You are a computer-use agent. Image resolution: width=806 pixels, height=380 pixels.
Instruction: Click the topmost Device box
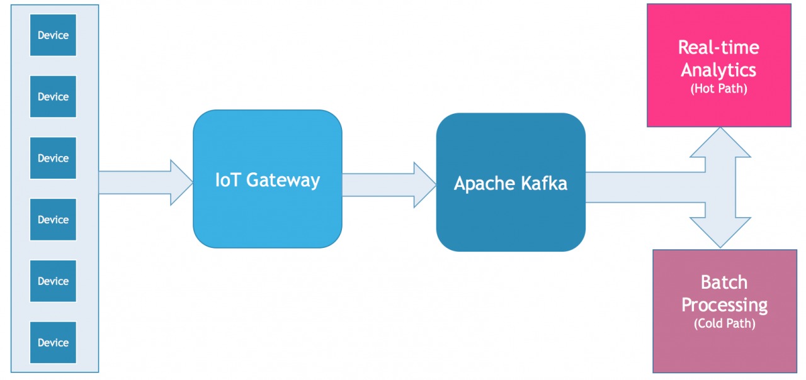point(53,35)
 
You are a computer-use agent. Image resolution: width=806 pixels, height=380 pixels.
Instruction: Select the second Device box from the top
point(53,97)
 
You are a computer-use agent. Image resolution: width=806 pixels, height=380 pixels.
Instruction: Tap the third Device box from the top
point(53,158)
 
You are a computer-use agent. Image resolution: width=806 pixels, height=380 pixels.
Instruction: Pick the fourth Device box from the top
point(53,220)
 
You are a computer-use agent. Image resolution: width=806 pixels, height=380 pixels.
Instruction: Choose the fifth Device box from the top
point(53,281)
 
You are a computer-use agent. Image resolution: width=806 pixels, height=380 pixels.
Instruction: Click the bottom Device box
point(53,343)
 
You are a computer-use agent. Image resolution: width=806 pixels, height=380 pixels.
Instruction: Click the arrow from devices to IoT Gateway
point(145,182)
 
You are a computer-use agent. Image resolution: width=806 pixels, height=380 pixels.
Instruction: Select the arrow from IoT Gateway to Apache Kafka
point(389,185)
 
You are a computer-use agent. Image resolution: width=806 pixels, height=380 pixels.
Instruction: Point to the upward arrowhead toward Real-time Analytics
point(720,143)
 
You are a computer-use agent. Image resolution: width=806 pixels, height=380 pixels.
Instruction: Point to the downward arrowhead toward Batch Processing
point(720,232)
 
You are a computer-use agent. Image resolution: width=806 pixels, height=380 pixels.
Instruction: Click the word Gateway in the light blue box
point(283,181)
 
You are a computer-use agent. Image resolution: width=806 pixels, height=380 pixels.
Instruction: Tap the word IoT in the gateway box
point(227,180)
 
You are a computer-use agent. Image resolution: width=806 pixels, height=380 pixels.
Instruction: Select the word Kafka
point(544,183)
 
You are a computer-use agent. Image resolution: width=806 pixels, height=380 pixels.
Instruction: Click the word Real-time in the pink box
point(718,47)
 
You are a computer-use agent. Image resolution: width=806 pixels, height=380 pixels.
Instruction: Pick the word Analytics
point(718,70)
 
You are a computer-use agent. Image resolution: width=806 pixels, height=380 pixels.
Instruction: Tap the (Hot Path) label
point(718,89)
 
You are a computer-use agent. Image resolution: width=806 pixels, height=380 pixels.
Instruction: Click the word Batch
point(724,282)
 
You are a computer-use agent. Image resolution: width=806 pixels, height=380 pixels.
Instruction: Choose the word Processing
point(724,305)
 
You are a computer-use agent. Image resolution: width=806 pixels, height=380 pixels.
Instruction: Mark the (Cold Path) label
point(724,323)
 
